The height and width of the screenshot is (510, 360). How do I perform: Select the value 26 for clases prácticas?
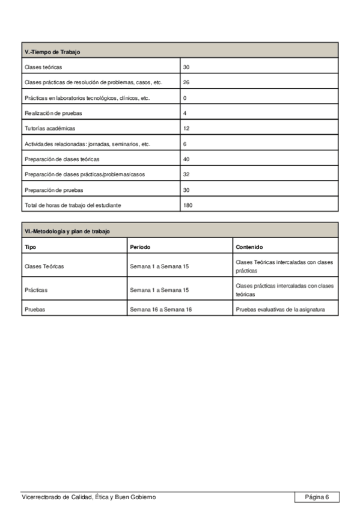pyautogui.click(x=186, y=82)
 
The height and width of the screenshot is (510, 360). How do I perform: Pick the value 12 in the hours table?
pyautogui.click(x=186, y=129)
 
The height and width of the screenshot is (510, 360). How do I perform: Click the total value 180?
pyautogui.click(x=188, y=206)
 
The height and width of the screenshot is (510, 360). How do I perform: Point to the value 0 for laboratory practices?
pyautogui.click(x=185, y=98)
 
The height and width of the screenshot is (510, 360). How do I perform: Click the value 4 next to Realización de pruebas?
pyautogui.click(x=185, y=113)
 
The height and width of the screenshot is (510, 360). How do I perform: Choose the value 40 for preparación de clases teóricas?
pyautogui.click(x=186, y=159)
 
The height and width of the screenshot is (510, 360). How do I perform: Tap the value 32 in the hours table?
pyautogui.click(x=186, y=174)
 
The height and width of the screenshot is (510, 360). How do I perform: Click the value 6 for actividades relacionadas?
pyautogui.click(x=185, y=144)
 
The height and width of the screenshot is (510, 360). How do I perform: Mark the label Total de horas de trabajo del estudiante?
pyautogui.click(x=73, y=206)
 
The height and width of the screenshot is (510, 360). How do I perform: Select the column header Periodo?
pyautogui.click(x=140, y=247)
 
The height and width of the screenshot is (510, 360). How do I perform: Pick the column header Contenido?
pyautogui.click(x=249, y=247)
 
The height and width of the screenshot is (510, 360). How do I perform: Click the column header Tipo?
pyautogui.click(x=30, y=247)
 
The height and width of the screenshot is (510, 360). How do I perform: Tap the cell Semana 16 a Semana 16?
pyautogui.click(x=160, y=310)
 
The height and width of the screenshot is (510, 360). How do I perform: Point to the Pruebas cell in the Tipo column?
pyautogui.click(x=35, y=310)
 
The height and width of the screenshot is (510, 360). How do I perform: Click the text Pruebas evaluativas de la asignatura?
pyautogui.click(x=280, y=310)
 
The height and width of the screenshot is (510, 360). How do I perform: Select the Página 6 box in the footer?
pyautogui.click(x=317, y=497)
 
